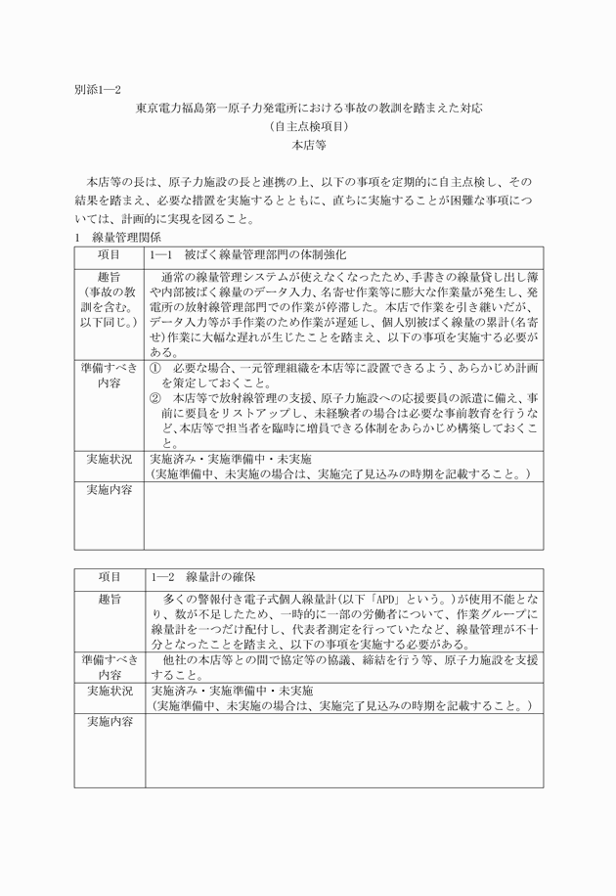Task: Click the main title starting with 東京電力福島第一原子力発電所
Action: click(x=308, y=108)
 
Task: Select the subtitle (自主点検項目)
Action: click(x=308, y=126)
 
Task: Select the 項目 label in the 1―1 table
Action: click(x=110, y=253)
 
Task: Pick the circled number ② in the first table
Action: click(x=155, y=399)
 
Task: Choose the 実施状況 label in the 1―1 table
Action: click(x=110, y=458)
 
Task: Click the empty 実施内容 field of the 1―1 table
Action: click(x=343, y=515)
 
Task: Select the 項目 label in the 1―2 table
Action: click(x=110, y=576)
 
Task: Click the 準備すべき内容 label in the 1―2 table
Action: click(x=110, y=667)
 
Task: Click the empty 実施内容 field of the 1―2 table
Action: click(x=343, y=751)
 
